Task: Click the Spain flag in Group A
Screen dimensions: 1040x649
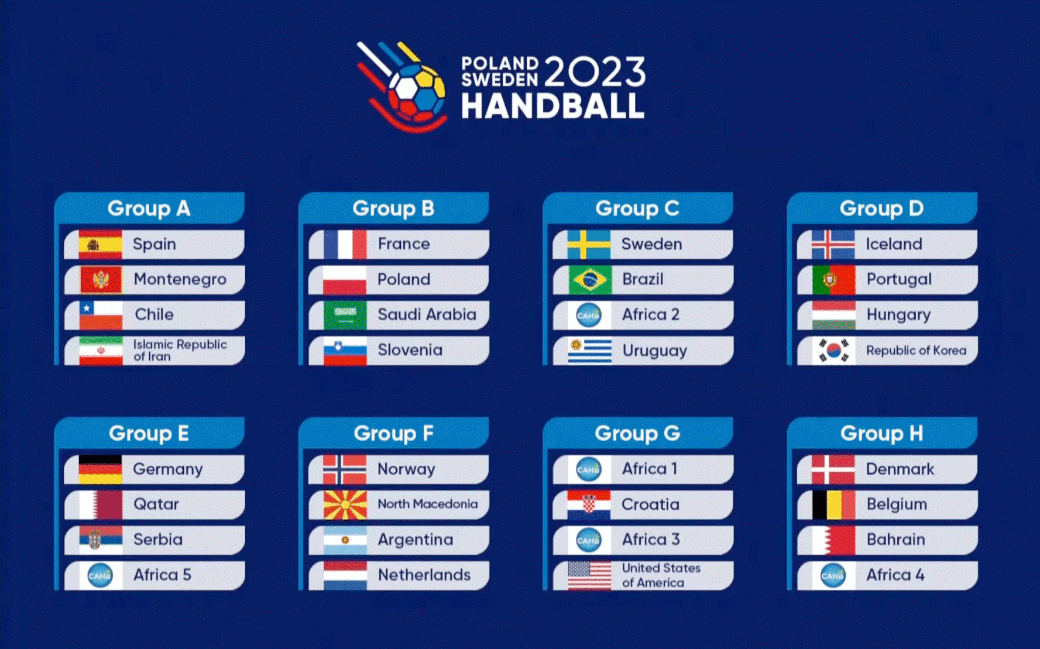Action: pyautogui.click(x=101, y=245)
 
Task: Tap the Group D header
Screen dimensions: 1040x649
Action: pyautogui.click(x=881, y=208)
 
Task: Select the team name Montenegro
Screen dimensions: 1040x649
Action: pyautogui.click(x=180, y=279)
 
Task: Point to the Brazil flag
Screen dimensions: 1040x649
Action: pyautogui.click(x=590, y=280)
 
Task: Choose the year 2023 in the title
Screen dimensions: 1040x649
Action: pyautogui.click(x=595, y=72)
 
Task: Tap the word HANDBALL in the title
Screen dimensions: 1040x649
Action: pyautogui.click(x=552, y=106)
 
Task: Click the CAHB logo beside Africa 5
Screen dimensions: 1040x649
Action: pyautogui.click(x=100, y=575)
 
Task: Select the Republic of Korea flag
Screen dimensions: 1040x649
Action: pyautogui.click(x=834, y=351)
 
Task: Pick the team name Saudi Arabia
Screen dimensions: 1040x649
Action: pyautogui.click(x=427, y=315)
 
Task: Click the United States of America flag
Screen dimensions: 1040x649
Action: pyautogui.click(x=590, y=575)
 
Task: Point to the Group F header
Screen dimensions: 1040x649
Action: pyautogui.click(x=393, y=434)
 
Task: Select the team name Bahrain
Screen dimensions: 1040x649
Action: pyautogui.click(x=895, y=540)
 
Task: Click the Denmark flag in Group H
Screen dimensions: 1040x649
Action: pyautogui.click(x=834, y=469)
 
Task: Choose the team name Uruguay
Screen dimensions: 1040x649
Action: pyautogui.click(x=654, y=351)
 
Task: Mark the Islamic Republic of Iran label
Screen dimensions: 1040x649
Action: pyautogui.click(x=180, y=351)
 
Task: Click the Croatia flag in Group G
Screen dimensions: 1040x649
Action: pyautogui.click(x=590, y=505)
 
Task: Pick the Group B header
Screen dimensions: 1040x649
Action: pyautogui.click(x=393, y=208)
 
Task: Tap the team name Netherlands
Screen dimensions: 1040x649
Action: pyautogui.click(x=424, y=575)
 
